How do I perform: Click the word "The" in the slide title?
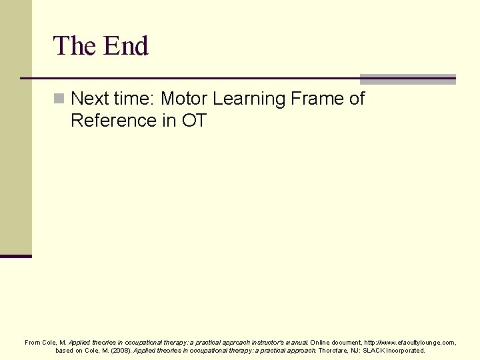(75, 46)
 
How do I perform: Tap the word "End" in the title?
(125, 46)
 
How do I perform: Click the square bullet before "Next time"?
(59, 99)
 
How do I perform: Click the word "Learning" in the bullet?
(251, 99)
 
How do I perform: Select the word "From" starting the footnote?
(33, 342)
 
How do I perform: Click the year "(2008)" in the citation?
(121, 350)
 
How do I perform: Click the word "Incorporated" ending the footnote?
(407, 350)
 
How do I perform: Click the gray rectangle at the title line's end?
(407, 79)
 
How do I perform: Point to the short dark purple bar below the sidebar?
(16, 255)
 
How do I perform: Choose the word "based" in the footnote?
(65, 350)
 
